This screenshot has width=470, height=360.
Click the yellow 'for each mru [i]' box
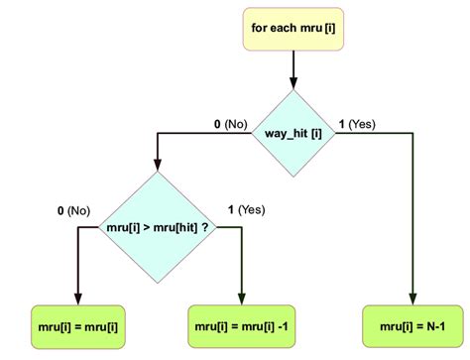tap(294, 29)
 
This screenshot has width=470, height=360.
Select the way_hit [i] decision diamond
tap(294, 132)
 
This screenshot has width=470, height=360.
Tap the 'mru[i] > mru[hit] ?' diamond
tap(158, 227)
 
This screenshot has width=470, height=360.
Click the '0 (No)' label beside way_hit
tap(229, 125)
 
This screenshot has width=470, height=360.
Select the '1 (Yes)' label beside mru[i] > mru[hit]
tap(245, 210)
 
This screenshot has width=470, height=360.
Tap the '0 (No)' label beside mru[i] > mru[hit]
tap(73, 210)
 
